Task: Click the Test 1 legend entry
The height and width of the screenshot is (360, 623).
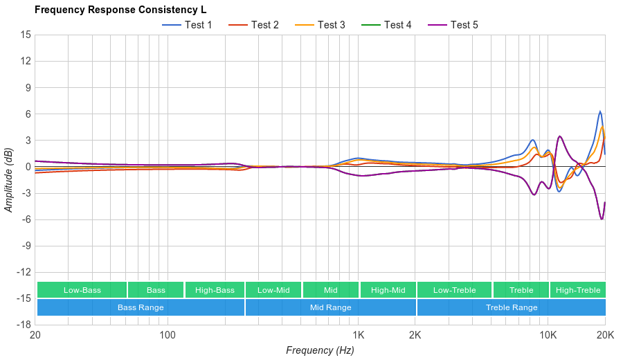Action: [x=188, y=25]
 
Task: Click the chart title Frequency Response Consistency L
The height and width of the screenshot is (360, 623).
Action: [x=120, y=10]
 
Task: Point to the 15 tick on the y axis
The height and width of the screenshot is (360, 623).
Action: [x=26, y=35]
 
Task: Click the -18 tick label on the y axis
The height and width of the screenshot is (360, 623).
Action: [x=24, y=324]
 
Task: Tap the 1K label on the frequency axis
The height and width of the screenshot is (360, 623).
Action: [x=358, y=334]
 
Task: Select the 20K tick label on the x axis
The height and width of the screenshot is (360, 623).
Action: [x=605, y=334]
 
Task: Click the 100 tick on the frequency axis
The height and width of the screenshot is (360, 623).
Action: [x=167, y=334]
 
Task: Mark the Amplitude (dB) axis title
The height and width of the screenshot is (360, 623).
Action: [x=9, y=179]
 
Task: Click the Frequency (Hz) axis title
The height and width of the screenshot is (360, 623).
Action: [x=320, y=350]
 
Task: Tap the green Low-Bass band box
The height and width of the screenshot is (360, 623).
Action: [x=82, y=290]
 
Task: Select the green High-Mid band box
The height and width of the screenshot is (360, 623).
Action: [x=388, y=290]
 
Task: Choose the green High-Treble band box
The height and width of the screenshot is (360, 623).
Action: [x=578, y=290]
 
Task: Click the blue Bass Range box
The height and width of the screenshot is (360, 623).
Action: [x=141, y=307]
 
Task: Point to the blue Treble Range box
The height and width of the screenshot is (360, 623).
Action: [x=512, y=307]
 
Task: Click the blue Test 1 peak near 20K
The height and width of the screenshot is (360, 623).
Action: [x=600, y=111]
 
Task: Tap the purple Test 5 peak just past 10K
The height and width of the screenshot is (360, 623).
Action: [x=560, y=136]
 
